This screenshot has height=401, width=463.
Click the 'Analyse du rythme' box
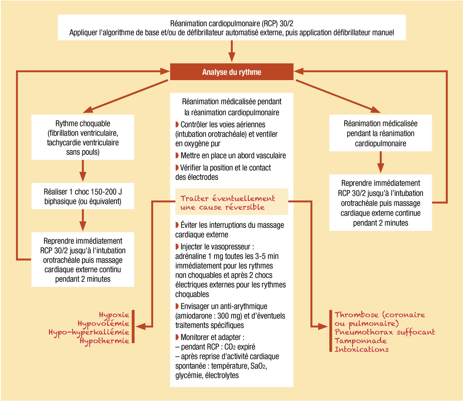[231, 72]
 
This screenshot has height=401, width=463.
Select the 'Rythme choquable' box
[83, 137]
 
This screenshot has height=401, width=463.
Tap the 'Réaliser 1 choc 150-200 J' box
[83, 196]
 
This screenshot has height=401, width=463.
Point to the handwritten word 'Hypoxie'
[114, 315]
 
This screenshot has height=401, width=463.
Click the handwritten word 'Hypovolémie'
[103, 324]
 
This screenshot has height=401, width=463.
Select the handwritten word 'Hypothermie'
[105, 341]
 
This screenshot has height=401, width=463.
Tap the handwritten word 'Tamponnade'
[361, 341]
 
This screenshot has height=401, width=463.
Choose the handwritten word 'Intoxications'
[362, 349]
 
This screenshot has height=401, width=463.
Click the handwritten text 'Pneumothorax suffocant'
[385, 332]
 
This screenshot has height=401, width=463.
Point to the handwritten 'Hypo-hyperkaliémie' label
[89, 332]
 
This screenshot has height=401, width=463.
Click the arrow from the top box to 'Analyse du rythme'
[231, 52]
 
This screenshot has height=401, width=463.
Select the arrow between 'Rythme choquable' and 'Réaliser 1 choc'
[83, 171]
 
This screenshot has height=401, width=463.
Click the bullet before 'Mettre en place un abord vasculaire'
[177, 155]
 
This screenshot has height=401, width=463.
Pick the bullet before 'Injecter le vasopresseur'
[177, 246]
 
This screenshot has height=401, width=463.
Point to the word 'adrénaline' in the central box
[191, 256]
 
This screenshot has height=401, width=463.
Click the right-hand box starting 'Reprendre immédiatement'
[381, 203]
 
